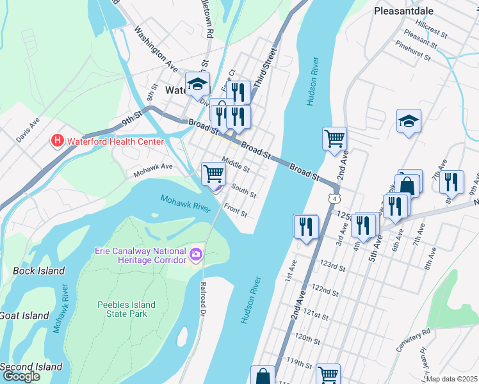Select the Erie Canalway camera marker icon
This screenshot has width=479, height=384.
(195, 255)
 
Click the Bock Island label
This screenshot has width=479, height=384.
(38, 271)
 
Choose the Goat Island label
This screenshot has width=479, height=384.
(24, 315)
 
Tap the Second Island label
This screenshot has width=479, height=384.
(31, 367)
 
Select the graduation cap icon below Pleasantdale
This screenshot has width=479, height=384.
(408, 121)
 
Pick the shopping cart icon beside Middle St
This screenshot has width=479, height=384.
(213, 172)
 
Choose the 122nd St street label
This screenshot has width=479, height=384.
(325, 289)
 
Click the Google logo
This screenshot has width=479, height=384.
(21, 376)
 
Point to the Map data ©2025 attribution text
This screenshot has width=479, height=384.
(452, 379)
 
